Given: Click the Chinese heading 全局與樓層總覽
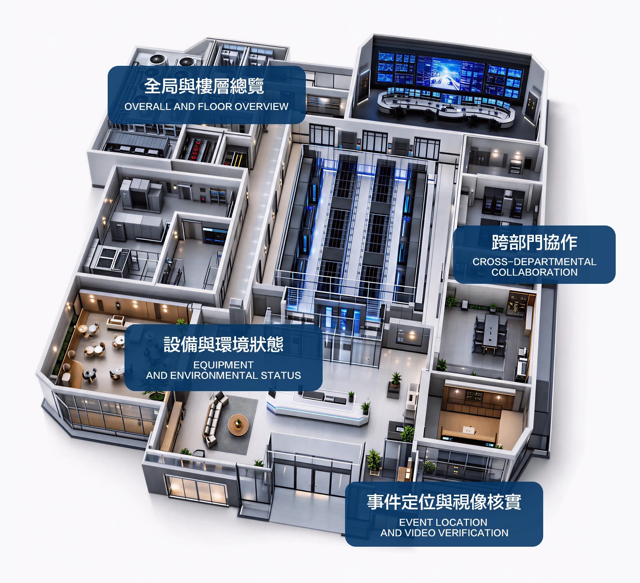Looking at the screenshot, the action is point(204,86).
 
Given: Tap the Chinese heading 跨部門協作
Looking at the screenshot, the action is point(535,243).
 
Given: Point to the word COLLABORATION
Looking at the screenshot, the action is point(535,272).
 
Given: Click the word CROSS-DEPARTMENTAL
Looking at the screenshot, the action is point(535,262).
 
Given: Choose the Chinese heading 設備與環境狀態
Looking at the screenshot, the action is point(224,344).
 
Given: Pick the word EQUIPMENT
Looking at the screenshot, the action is point(224,365).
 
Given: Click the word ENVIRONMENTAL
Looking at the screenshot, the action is point(215,375).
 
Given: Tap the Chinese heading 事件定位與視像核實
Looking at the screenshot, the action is point(444,502).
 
